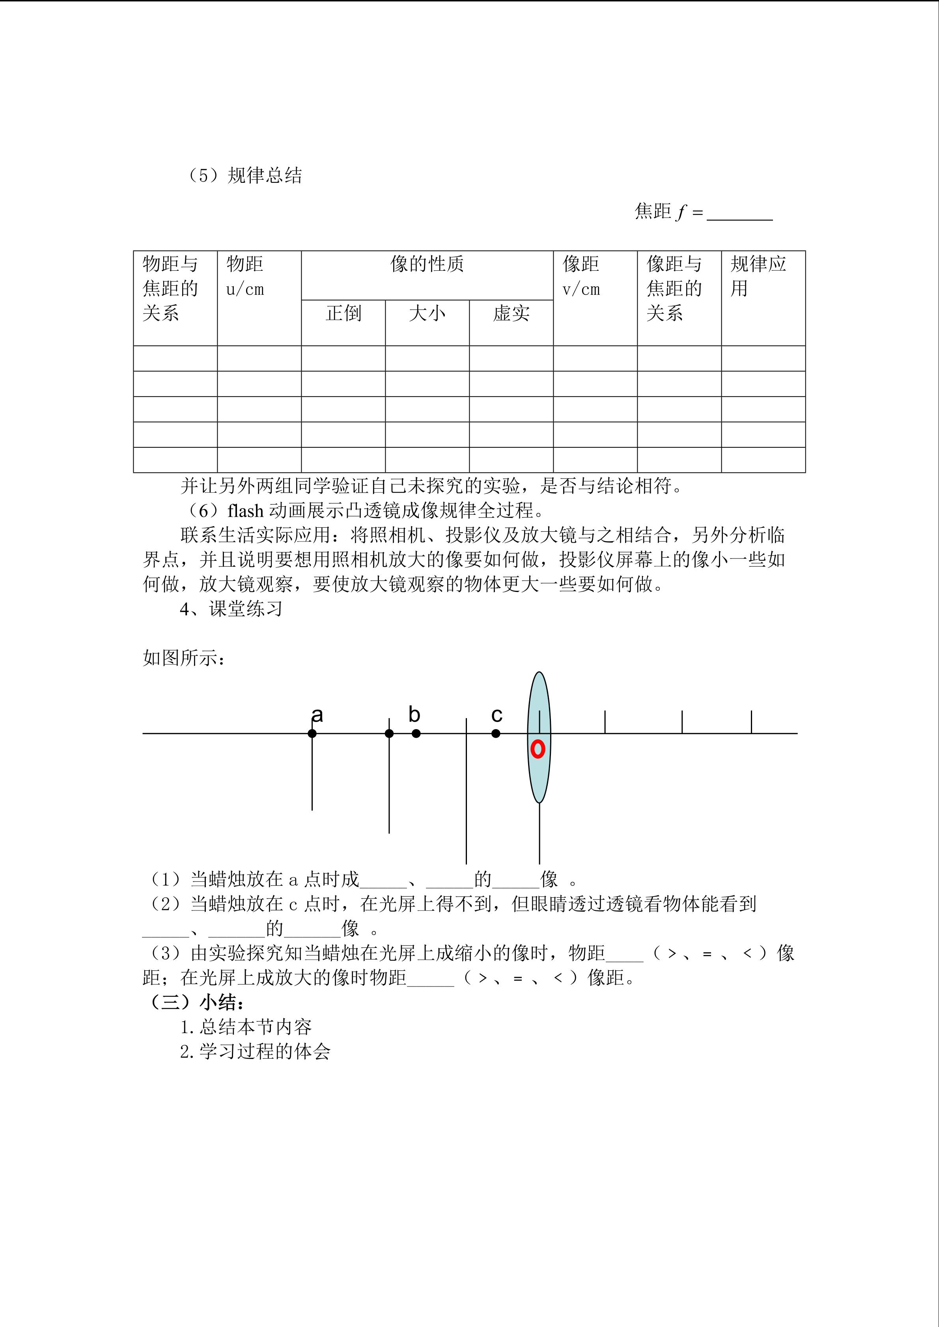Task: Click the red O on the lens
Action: [538, 749]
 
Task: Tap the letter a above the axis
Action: [317, 715]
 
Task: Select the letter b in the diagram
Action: [414, 715]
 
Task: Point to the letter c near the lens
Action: [497, 715]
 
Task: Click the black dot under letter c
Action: [495, 733]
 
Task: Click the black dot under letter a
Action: [312, 733]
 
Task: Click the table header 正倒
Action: [343, 313]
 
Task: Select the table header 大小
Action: [427, 313]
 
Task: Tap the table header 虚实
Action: [511, 313]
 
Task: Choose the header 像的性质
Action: [427, 264]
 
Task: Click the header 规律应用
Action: [758, 276]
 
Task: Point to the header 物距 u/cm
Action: [245, 276]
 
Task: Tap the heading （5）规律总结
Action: [244, 175]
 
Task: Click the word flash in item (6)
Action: [246, 510]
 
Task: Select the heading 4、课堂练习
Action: [231, 609]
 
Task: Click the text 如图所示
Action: [183, 658]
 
